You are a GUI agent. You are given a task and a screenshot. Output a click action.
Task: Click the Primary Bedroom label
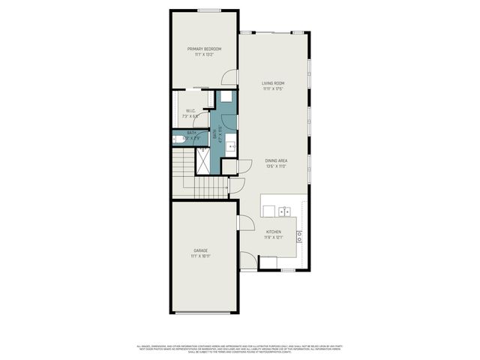coord(204,49)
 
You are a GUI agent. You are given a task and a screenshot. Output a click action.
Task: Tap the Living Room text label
coord(273,83)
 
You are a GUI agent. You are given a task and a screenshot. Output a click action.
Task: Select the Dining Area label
coord(276,160)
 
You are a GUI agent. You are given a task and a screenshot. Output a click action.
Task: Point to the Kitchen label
coord(273,232)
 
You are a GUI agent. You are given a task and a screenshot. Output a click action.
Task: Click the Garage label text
coord(200,250)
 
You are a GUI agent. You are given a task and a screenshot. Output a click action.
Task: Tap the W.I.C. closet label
coord(190,110)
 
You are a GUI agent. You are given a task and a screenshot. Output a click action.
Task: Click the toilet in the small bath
coord(178,139)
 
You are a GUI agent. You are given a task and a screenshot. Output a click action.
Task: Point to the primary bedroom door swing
coord(231,77)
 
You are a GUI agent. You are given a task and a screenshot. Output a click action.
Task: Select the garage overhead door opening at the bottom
coord(204,313)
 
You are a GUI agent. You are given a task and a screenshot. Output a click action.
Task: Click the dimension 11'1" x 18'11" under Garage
coord(200,256)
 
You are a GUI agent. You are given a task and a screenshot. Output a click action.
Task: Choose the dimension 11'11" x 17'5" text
coord(273,89)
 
